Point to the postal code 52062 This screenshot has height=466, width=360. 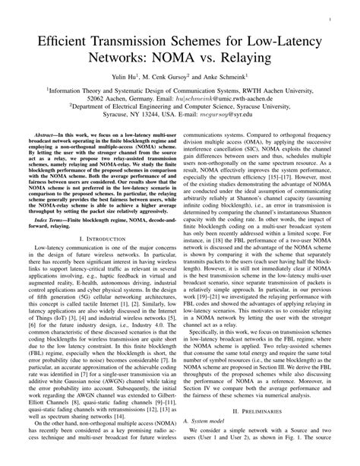coord(101,99)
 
